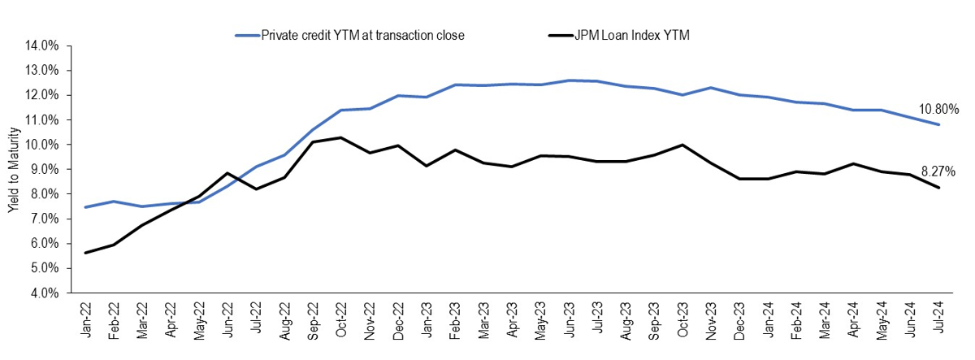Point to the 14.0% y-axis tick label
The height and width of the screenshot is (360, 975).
click(x=41, y=46)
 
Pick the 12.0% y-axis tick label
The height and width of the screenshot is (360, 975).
click(x=41, y=95)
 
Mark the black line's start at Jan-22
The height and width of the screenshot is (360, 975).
click(x=86, y=253)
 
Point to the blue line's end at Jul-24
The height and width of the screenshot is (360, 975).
click(x=939, y=124)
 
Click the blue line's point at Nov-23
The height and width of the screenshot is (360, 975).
click(x=712, y=88)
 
